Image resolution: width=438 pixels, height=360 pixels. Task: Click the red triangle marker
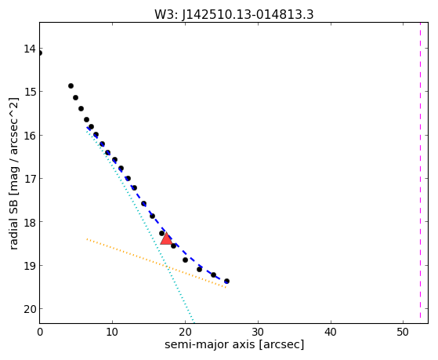[166, 238]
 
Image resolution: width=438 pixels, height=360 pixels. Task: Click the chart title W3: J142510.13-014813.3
[234, 14]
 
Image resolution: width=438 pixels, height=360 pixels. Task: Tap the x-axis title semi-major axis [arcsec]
[234, 344]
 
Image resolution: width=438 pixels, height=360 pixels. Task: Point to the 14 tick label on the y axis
[30, 49]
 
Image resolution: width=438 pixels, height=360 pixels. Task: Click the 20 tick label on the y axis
[30, 309]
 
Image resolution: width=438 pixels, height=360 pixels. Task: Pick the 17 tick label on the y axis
[30, 179]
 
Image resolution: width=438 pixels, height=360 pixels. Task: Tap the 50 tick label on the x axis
[403, 332]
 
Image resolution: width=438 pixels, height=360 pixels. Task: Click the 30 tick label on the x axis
[258, 332]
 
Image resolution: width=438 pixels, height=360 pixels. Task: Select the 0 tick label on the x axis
[40, 332]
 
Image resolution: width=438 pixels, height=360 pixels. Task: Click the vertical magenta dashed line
[421, 171]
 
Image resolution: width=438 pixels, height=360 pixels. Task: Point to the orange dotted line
[157, 263]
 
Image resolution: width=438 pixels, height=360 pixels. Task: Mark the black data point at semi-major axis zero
[40, 53]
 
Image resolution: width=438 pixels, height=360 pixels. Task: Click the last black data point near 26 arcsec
[226, 281]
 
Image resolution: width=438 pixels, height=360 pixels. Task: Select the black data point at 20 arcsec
[185, 260]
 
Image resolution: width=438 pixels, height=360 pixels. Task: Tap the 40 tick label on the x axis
[331, 332]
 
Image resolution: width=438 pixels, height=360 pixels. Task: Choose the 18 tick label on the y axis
[30, 222]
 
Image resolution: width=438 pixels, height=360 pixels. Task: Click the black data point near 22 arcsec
[200, 269]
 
